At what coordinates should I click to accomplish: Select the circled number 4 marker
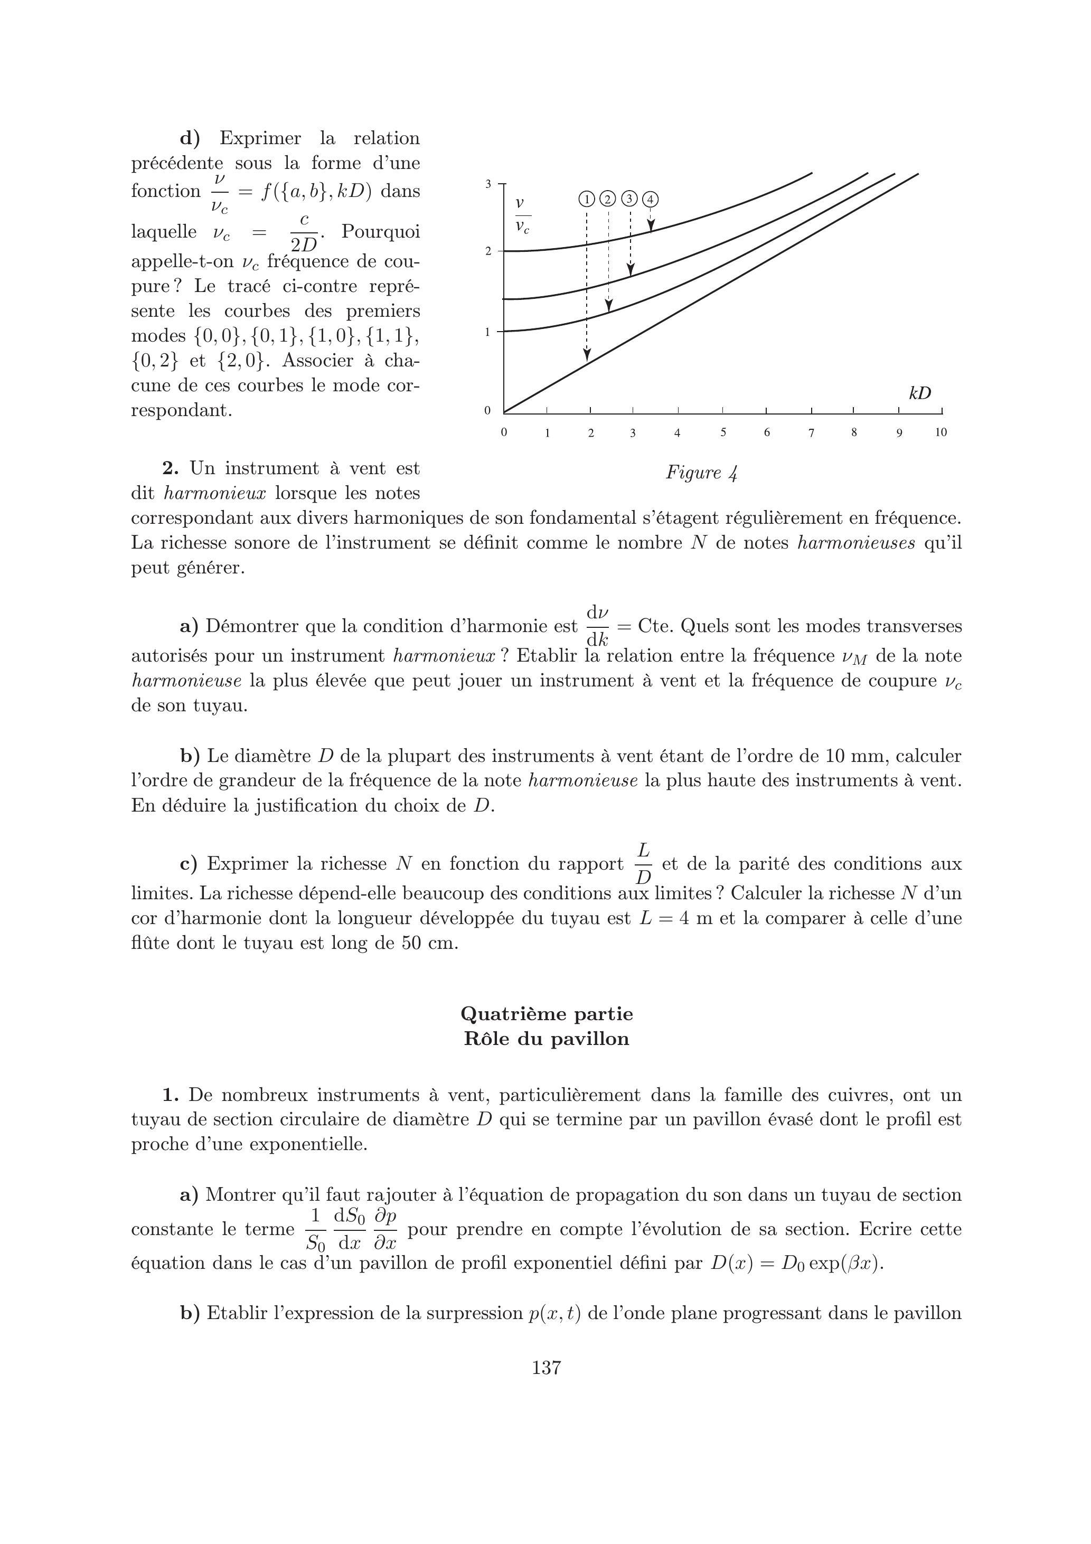pos(651,199)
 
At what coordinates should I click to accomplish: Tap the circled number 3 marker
pos(629,199)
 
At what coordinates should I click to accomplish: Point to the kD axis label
pos(919,393)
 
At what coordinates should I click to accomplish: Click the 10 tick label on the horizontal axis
pos(940,432)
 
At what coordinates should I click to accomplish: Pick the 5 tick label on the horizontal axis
pos(723,432)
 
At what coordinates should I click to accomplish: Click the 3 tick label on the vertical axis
pos(489,183)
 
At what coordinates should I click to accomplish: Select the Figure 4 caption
pos(702,473)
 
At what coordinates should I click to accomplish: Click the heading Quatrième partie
pos(546,1013)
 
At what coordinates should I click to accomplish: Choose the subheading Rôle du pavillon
pos(546,1039)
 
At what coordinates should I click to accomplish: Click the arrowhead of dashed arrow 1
pos(587,354)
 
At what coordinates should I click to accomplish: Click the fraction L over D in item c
pos(643,864)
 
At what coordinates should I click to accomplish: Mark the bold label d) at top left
pos(190,138)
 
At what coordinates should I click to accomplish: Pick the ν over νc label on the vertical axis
pos(521,216)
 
